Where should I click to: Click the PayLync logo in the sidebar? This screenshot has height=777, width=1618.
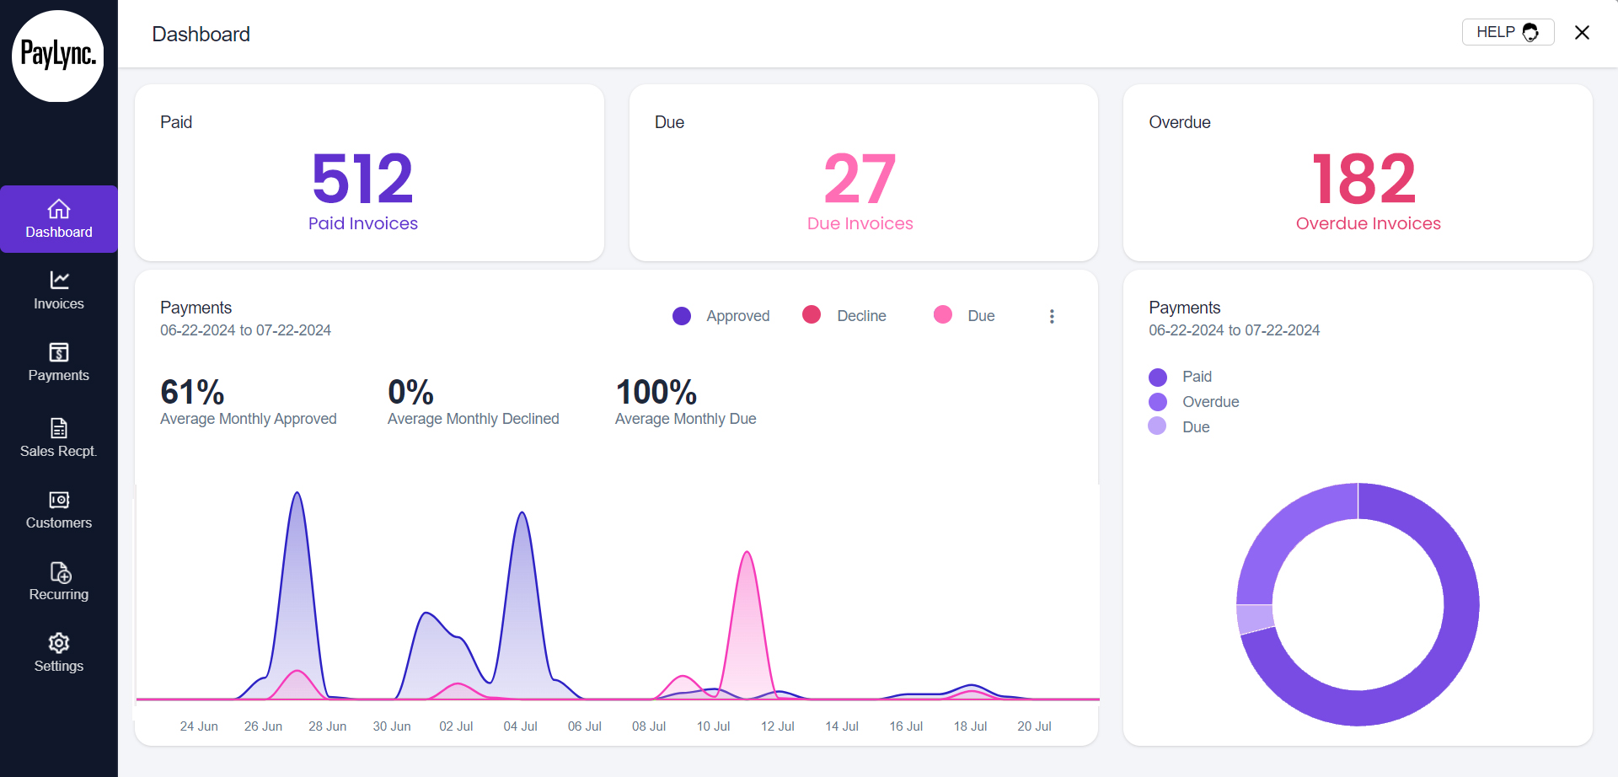tap(58, 56)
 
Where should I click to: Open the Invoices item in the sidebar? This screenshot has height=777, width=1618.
tap(58, 291)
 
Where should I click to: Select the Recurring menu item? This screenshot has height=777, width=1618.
tap(58, 581)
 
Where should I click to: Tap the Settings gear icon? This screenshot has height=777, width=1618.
tap(59, 643)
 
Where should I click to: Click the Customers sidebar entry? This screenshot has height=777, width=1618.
tap(58, 510)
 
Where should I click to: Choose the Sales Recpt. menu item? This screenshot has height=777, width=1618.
tap(58, 438)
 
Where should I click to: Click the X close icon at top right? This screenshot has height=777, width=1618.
tap(1582, 32)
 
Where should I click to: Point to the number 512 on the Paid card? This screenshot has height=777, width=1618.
tap(362, 179)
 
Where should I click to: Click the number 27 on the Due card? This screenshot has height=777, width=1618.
tap(860, 179)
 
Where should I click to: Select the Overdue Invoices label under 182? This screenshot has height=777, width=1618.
tap(1368, 223)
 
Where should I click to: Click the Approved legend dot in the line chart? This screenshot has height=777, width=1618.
tap(682, 316)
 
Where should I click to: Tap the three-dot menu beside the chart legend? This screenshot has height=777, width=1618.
tap(1051, 316)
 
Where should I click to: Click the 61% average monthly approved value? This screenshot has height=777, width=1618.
tap(192, 392)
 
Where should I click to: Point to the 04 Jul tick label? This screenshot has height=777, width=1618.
tap(520, 726)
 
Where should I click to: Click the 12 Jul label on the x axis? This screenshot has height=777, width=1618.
tap(777, 726)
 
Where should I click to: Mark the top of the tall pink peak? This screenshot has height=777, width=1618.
tap(747, 553)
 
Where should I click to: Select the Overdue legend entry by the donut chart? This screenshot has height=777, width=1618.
tap(1210, 402)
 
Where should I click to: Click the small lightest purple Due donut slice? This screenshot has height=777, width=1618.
tap(1255, 619)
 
